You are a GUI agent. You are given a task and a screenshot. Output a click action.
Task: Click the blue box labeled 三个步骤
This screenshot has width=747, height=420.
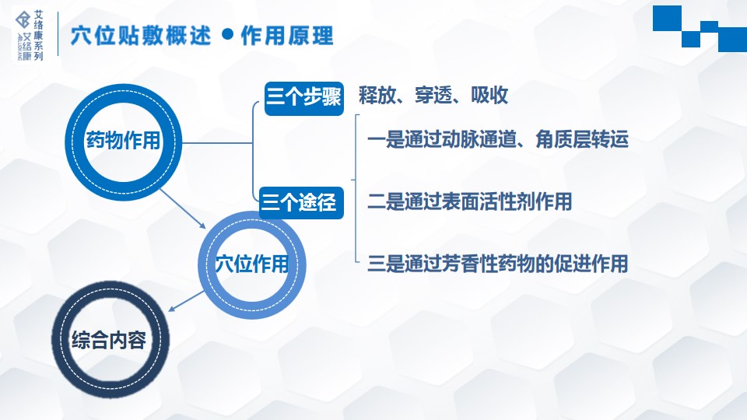(x=304, y=99)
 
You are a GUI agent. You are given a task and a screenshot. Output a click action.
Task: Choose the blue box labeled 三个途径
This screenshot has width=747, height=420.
(x=301, y=203)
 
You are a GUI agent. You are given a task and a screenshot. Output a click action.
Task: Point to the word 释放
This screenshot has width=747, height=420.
(x=377, y=95)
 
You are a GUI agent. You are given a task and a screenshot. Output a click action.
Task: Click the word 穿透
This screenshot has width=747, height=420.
(x=433, y=95)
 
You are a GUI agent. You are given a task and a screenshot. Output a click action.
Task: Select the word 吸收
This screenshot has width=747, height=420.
(x=489, y=95)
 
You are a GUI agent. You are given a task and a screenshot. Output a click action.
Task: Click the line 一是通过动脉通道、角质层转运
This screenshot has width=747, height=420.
(x=498, y=139)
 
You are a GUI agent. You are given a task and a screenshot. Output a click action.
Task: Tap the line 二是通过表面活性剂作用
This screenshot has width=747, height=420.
(x=470, y=201)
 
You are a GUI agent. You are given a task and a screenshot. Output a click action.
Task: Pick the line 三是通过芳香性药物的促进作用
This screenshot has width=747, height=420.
(x=498, y=264)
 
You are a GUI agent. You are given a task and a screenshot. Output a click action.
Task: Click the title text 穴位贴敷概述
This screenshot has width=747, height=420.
(x=141, y=36)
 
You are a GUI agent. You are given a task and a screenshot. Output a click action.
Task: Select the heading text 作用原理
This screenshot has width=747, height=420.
(x=287, y=36)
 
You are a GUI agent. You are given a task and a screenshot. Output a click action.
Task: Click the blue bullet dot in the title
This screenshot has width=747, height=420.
(x=228, y=33)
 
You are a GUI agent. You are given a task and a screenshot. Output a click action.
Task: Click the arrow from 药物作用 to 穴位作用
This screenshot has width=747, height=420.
(x=183, y=208)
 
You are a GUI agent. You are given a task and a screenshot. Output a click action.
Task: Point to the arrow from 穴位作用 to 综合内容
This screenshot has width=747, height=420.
(x=186, y=301)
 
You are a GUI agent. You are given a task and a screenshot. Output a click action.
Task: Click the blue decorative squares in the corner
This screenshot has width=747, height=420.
(x=700, y=29)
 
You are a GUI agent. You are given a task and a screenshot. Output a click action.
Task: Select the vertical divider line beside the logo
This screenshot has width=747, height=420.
(x=58, y=33)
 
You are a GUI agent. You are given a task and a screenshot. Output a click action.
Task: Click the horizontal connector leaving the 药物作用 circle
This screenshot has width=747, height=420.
(x=217, y=142)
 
